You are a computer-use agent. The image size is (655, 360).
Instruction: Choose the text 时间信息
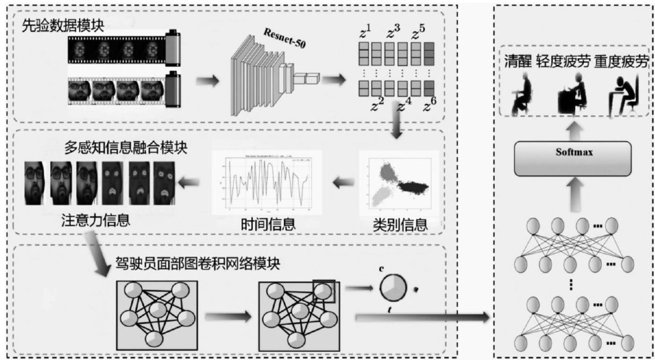pyautogui.click(x=268, y=223)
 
